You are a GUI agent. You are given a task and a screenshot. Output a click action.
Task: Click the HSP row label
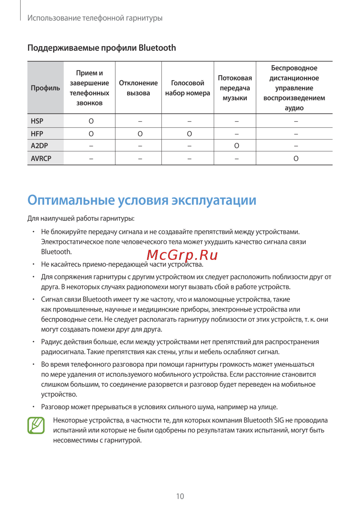pyautogui.click(x=37, y=121)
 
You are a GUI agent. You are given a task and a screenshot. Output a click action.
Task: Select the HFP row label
pyautogui.click(x=37, y=134)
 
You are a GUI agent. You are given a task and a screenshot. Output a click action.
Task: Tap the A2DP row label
pyautogui.click(x=39, y=146)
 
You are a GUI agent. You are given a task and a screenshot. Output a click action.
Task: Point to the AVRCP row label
pyautogui.click(x=41, y=158)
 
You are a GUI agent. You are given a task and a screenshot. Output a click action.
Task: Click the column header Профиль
pyautogui.click(x=45, y=88)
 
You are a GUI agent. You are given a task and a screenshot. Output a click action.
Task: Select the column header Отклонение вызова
pyautogui.click(x=139, y=88)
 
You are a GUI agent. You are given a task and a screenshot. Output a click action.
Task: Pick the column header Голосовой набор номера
pyautogui.click(x=188, y=88)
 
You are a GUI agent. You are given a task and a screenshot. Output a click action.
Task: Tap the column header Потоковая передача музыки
pyautogui.click(x=235, y=88)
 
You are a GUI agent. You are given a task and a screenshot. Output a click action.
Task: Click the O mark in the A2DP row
pyautogui.click(x=237, y=146)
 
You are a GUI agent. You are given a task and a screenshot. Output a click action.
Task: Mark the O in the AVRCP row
pyautogui.click(x=296, y=158)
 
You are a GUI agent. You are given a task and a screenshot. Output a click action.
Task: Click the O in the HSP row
pyautogui.click(x=91, y=121)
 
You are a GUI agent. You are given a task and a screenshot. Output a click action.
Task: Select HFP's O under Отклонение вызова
pyautogui.click(x=140, y=134)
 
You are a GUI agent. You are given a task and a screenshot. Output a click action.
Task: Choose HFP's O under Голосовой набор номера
pyautogui.click(x=189, y=134)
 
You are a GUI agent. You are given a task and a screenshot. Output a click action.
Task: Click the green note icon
pyautogui.click(x=36, y=425)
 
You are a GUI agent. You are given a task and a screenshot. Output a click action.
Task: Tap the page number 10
pyautogui.click(x=180, y=496)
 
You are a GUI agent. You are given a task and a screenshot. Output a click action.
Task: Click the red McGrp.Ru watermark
pyautogui.click(x=182, y=255)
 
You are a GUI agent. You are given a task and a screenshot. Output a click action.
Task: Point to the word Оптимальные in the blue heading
pyautogui.click(x=71, y=200)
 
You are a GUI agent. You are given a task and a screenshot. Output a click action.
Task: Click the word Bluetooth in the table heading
pyautogui.click(x=157, y=48)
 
